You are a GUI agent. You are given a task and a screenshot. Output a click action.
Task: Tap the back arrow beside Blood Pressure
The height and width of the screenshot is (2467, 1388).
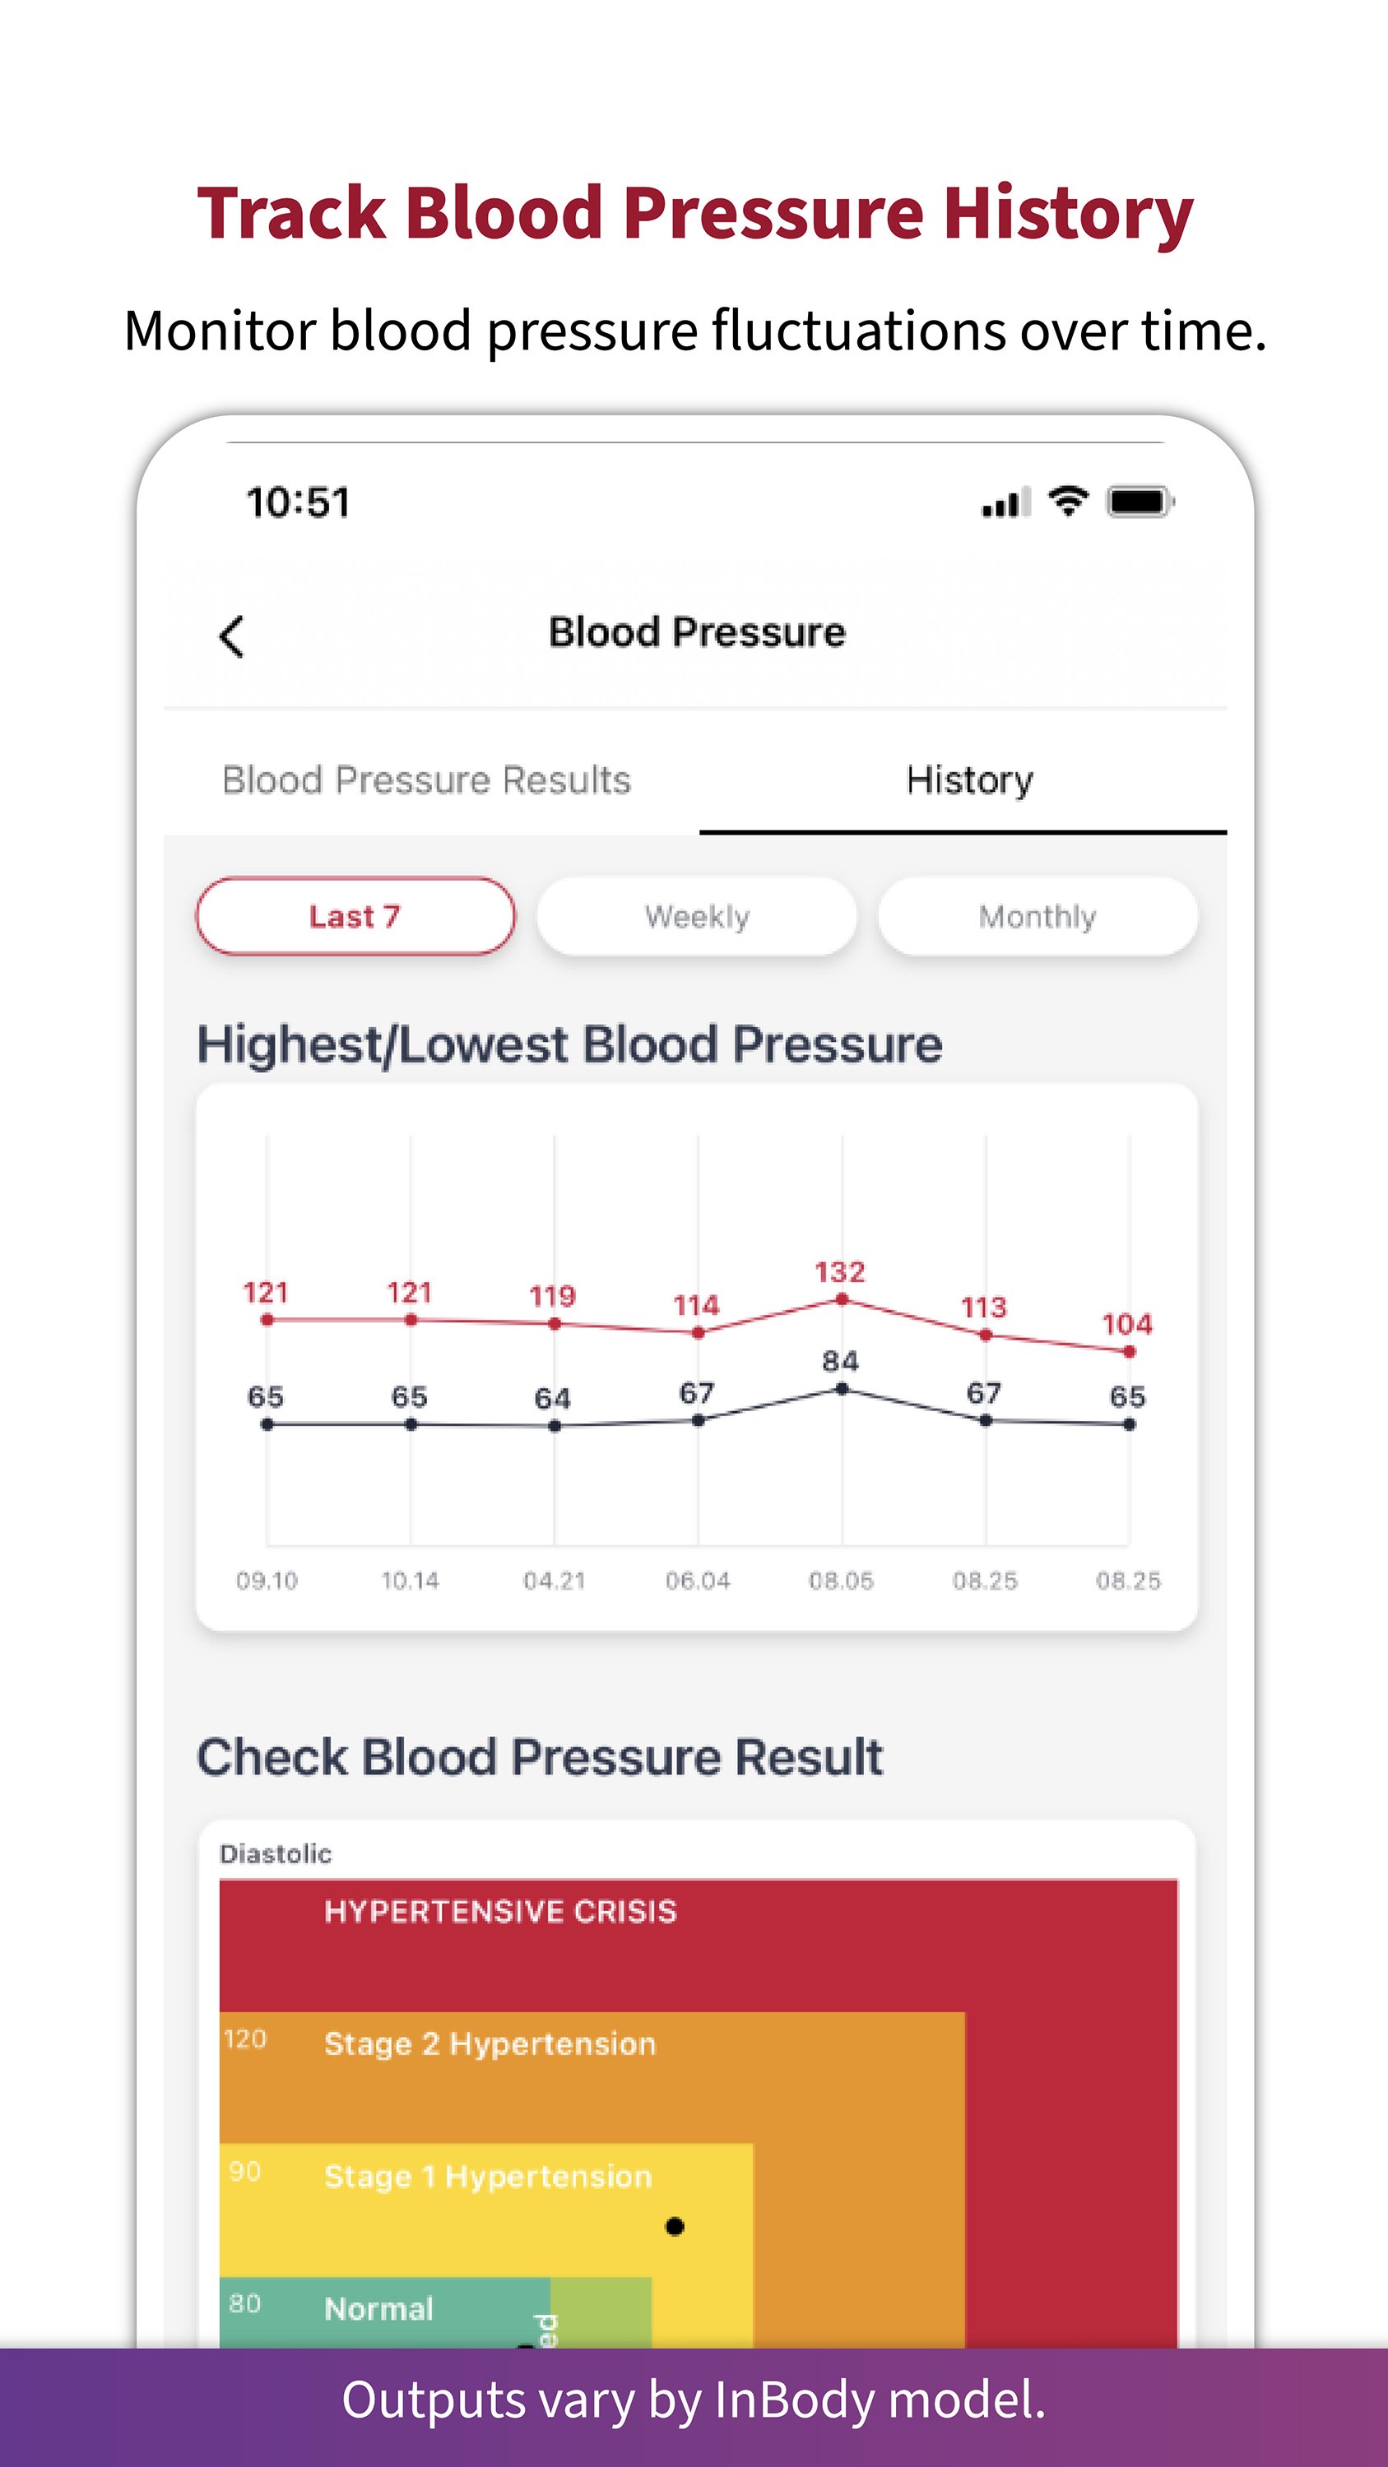pyautogui.click(x=232, y=636)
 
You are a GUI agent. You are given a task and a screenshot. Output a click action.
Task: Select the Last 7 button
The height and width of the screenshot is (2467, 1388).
pyautogui.click(x=355, y=917)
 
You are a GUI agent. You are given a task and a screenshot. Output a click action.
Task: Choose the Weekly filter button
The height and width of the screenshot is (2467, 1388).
pyautogui.click(x=696, y=917)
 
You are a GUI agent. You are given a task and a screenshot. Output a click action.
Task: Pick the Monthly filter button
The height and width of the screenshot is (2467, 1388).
pyautogui.click(x=1038, y=917)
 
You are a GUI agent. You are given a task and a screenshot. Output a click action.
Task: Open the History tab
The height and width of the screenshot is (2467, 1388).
pyautogui.click(x=969, y=780)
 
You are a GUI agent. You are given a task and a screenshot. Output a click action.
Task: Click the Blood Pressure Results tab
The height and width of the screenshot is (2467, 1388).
pyautogui.click(x=426, y=780)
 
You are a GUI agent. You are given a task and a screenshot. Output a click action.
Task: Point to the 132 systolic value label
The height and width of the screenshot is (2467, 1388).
pyautogui.click(x=840, y=1272)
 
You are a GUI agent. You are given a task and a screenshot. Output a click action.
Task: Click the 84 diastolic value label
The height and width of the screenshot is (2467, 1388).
pyautogui.click(x=840, y=1361)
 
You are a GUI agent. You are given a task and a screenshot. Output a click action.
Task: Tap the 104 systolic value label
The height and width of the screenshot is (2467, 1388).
pyautogui.click(x=1127, y=1325)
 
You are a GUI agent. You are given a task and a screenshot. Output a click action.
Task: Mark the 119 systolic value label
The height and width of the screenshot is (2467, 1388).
pyautogui.click(x=553, y=1296)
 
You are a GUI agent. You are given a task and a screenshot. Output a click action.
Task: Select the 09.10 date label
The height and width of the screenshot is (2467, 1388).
pyautogui.click(x=267, y=1581)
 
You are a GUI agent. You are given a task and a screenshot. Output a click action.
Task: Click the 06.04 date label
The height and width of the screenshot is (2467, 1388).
pyautogui.click(x=698, y=1581)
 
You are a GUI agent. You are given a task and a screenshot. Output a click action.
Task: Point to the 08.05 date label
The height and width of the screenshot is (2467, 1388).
pyautogui.click(x=841, y=1581)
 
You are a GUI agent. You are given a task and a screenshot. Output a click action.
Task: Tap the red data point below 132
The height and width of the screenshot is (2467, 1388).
pyautogui.click(x=842, y=1299)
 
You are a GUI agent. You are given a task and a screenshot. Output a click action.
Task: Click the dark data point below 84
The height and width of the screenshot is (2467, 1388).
pyautogui.click(x=842, y=1389)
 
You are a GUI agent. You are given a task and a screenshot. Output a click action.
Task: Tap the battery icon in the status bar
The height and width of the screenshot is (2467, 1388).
pyautogui.click(x=1139, y=501)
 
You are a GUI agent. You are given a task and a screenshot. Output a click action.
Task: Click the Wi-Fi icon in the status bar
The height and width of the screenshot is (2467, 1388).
pyautogui.click(x=1067, y=500)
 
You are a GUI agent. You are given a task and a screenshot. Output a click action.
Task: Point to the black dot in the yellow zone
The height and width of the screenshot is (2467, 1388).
pyautogui.click(x=675, y=2227)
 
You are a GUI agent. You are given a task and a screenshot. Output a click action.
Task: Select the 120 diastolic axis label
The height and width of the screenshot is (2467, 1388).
pyautogui.click(x=244, y=2039)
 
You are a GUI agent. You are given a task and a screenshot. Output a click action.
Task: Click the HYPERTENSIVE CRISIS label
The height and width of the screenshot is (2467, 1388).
pyautogui.click(x=500, y=1912)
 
